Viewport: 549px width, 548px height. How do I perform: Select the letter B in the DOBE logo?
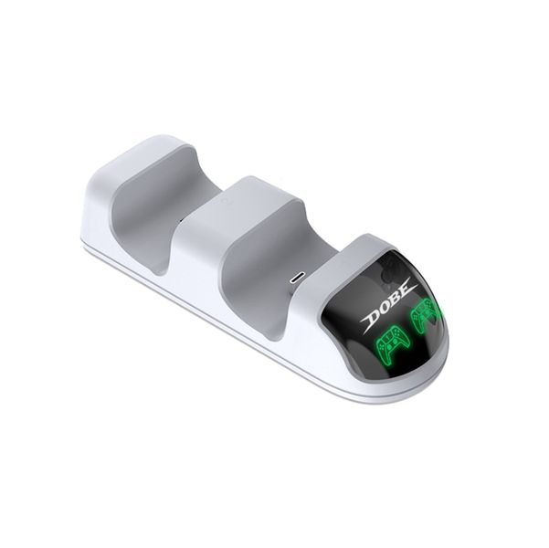tap(397, 299)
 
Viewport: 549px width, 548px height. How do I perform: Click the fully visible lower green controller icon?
tap(391, 342)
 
